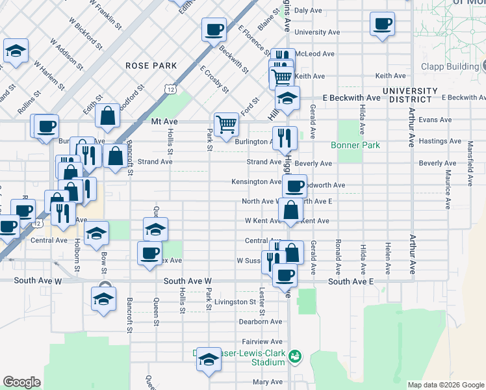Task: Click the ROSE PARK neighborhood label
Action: pos(151,66)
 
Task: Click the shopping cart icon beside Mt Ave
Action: pos(226,123)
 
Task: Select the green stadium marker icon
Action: pos(295,356)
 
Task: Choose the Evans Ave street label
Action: pos(435,120)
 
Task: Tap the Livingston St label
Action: pos(235,302)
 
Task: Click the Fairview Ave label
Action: pos(262,341)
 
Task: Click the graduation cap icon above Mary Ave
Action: pos(209,361)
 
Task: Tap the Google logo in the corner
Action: pos(22,382)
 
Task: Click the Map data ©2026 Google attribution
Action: pos(445,385)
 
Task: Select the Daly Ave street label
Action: pos(308,10)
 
